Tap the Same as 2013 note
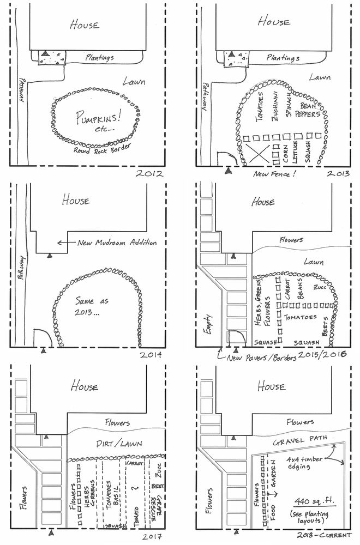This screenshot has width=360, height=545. point(87,306)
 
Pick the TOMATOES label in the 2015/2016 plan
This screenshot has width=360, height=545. point(299,316)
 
